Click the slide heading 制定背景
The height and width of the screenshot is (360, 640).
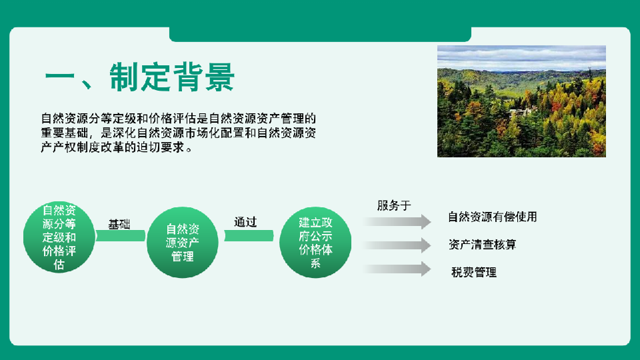tap(172, 77)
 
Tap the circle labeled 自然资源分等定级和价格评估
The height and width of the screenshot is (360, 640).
tap(59, 237)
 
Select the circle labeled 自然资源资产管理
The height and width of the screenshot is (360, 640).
tap(183, 243)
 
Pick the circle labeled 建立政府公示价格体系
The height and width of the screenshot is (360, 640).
tap(315, 243)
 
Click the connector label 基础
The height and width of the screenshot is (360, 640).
tap(119, 224)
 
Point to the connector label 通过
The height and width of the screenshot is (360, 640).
tap(245, 222)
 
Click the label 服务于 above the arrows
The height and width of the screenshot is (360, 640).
tap(394, 205)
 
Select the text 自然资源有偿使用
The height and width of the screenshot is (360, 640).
tap(492, 217)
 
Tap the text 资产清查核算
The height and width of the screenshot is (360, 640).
tap(483, 245)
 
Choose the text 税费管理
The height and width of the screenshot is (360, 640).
tap(474, 272)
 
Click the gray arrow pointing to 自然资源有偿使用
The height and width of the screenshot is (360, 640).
tap(397, 221)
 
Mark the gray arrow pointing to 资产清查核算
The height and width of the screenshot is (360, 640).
tap(397, 245)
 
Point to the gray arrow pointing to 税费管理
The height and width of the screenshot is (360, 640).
tap(397, 269)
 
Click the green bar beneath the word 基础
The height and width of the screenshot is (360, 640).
tap(121, 235)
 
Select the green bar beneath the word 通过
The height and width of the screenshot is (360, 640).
tap(249, 235)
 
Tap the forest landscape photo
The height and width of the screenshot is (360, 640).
tap(521, 101)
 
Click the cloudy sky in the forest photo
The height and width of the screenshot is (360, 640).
tap(521, 58)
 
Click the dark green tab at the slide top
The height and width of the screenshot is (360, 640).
tap(321, 34)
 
